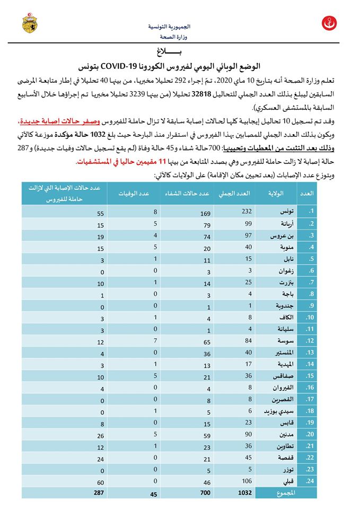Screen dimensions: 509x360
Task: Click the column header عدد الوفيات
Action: (133, 194)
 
